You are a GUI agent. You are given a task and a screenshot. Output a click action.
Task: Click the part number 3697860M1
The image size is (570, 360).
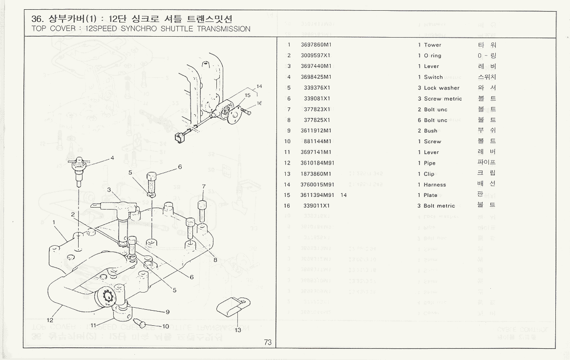coord(316,45)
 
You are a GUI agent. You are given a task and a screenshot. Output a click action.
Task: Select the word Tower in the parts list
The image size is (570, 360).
coord(432,45)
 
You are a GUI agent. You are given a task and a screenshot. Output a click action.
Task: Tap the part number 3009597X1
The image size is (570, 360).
coord(316,56)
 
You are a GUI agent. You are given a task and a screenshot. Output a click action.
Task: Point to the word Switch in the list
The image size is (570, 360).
coord(433,77)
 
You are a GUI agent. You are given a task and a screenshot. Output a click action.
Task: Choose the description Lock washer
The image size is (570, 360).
coord(442,88)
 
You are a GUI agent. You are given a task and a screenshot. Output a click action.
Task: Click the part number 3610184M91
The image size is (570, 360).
coord(317,163)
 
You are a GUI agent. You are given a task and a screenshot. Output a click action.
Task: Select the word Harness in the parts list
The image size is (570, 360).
coord(435,185)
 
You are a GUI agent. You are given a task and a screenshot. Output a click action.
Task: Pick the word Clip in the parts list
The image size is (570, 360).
coord(429,174)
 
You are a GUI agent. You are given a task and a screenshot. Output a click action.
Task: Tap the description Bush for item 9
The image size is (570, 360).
coord(430,131)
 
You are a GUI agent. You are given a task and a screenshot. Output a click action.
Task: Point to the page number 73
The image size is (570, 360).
coord(268,342)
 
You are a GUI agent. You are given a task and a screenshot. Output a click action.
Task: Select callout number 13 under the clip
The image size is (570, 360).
coord(238,330)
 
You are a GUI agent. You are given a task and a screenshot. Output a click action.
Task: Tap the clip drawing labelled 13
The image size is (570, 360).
coord(232,307)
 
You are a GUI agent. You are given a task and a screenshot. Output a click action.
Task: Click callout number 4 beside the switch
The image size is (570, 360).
coord(112,158)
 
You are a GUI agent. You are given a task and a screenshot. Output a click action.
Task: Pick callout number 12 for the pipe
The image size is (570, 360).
coord(50,320)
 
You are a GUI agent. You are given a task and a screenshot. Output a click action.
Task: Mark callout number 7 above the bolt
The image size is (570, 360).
coord(203,186)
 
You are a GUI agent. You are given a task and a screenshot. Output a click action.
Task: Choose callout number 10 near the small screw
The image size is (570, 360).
coord(166,326)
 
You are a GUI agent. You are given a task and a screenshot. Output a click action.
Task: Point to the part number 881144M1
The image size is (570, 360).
coord(317,142)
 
